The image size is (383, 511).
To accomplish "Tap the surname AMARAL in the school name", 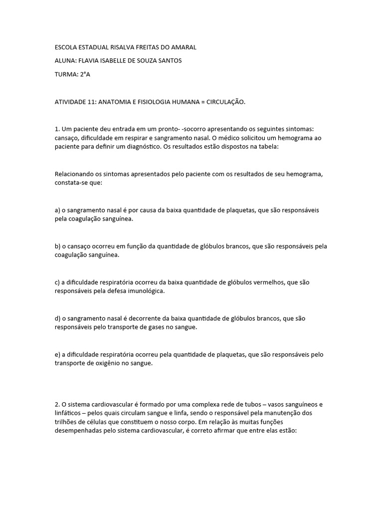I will [183, 47].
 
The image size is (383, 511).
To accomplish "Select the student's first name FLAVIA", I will [88, 60].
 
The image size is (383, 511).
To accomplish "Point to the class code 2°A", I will [85, 74].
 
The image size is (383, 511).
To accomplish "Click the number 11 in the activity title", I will [92, 102].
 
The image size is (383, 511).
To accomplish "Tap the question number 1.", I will [56, 129].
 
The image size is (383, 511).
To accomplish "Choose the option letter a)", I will [57, 210].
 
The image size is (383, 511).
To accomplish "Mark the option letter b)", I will [57, 246].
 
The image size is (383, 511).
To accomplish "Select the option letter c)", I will [57, 282].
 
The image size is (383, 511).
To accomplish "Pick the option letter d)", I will [57, 318].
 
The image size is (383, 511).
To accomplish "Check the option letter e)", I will [57, 354].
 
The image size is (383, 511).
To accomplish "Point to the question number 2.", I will [56, 404].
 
